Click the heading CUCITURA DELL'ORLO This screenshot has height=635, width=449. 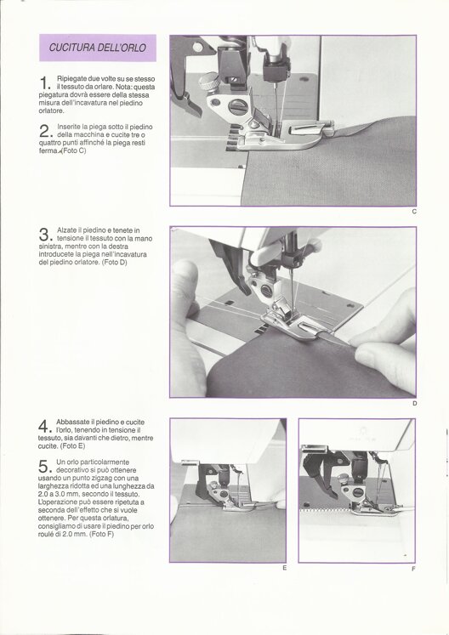[97, 48]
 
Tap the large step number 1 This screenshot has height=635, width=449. [44, 83]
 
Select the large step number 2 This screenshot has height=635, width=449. [44, 131]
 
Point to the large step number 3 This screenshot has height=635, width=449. [44, 235]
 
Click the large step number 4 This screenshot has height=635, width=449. [43, 426]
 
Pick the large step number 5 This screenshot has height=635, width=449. [43, 466]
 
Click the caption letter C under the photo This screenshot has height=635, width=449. [414, 212]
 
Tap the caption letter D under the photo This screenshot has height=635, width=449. [414, 403]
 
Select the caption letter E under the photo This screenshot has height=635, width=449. [285, 568]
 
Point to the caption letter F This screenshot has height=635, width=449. [414, 569]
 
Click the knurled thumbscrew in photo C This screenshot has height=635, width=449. [209, 81]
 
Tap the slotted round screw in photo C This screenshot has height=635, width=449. [237, 106]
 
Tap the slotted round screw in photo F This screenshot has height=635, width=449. [357, 492]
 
